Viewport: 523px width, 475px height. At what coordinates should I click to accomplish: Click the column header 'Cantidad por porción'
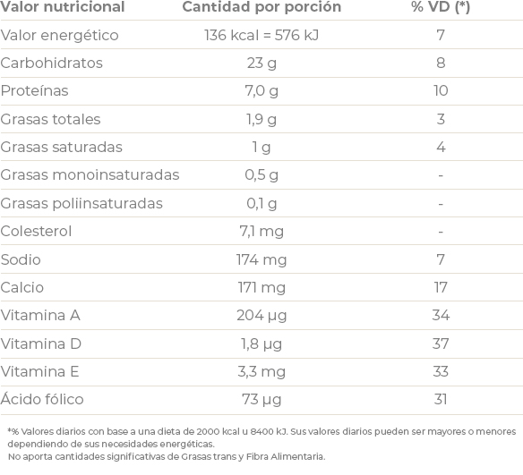[261, 7]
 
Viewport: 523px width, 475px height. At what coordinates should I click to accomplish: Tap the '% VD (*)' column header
[441, 7]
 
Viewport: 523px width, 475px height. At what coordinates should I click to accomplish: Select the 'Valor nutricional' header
[63, 7]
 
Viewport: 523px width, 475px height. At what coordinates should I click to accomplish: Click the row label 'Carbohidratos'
[51, 63]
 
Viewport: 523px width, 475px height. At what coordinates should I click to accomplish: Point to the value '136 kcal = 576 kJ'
[261, 35]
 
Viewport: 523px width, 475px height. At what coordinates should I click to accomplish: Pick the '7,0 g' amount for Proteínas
[261, 91]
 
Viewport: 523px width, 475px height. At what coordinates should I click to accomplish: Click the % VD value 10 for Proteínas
[441, 90]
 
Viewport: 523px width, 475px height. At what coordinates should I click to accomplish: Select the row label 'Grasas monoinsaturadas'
[90, 174]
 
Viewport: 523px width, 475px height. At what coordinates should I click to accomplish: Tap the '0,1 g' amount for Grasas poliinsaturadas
[261, 204]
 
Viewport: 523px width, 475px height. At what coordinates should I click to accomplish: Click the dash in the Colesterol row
[441, 232]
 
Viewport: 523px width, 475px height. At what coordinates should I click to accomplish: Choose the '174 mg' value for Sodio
[261, 260]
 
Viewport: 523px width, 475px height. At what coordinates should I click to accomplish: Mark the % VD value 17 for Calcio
[441, 287]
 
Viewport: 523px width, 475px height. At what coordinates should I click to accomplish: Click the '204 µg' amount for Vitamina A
[261, 316]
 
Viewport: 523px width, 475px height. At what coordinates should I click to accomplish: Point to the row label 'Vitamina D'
[40, 344]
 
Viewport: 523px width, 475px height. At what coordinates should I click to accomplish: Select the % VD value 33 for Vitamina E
[441, 371]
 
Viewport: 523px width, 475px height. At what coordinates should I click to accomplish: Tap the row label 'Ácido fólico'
[42, 398]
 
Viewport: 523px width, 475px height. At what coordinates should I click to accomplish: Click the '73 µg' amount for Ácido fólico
[261, 400]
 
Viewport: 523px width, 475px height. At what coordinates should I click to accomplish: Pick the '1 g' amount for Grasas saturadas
[261, 148]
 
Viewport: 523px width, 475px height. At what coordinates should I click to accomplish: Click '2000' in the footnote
[208, 432]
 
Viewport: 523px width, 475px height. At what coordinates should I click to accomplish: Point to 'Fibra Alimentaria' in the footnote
[286, 456]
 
